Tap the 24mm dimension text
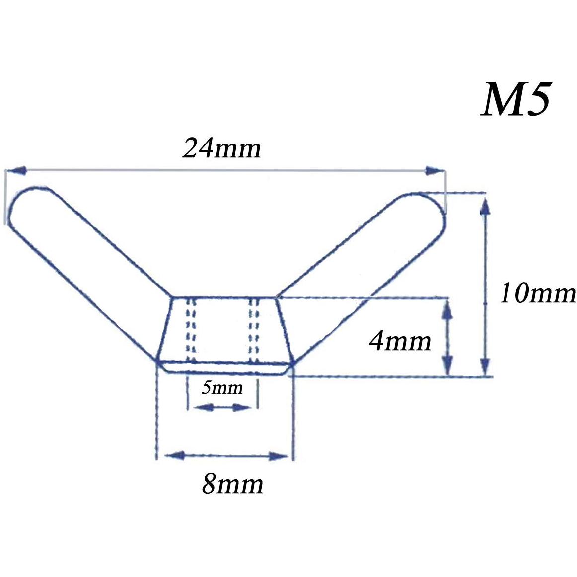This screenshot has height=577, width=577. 221,148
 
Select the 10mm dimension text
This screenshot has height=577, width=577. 537,293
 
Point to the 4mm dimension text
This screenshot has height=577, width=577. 400,340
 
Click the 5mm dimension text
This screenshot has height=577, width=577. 222,388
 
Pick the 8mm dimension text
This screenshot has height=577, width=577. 232,484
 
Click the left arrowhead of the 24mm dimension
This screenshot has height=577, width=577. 16,170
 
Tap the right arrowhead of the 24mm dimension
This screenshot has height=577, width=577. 434,171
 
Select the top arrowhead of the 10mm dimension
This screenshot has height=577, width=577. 485,207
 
